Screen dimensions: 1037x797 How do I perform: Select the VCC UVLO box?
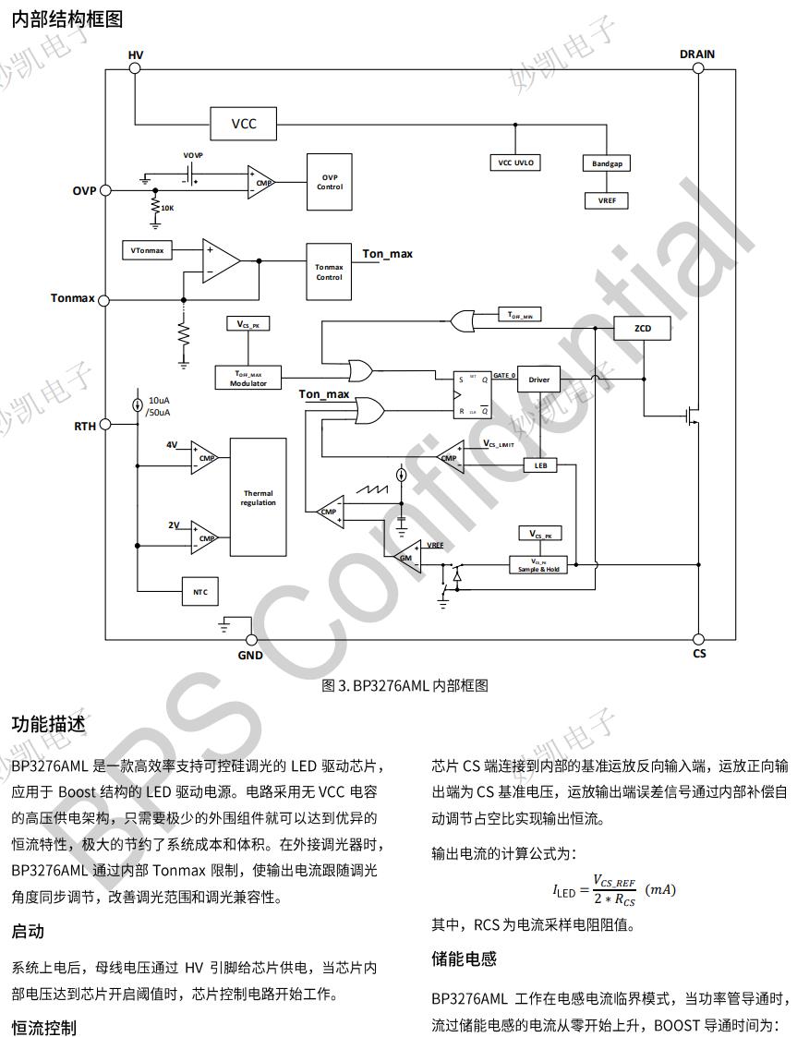(515, 163)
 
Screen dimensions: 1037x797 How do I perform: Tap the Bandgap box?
(607, 163)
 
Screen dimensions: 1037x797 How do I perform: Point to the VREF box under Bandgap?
(607, 199)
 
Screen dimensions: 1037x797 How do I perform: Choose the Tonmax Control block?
(330, 271)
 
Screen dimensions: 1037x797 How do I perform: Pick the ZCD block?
(642, 328)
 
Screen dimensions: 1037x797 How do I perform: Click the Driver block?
(538, 380)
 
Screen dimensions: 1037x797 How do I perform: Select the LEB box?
(540, 465)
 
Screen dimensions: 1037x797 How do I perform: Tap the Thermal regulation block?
(258, 497)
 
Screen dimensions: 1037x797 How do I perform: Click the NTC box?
(200, 591)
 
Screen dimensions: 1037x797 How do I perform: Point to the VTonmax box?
(148, 250)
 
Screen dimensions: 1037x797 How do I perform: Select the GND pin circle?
(250, 640)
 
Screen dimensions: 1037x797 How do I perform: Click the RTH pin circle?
(104, 425)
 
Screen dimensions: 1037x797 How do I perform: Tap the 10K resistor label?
(167, 208)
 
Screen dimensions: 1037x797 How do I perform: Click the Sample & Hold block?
(539, 564)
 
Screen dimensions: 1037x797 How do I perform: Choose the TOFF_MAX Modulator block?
(248, 378)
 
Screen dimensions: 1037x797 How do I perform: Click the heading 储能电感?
(464, 959)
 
